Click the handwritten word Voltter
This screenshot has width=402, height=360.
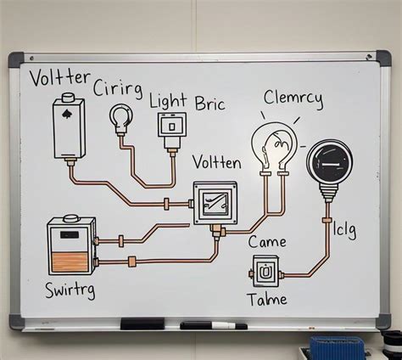point(59,81)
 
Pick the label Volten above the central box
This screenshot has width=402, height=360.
point(217,161)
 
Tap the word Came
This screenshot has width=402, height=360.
point(268,243)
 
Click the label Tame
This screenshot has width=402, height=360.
point(267,299)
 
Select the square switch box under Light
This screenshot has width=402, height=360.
point(171,126)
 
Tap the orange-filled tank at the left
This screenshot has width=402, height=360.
point(71,246)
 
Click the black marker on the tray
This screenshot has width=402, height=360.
point(214,325)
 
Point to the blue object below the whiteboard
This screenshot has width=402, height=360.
point(338,347)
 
